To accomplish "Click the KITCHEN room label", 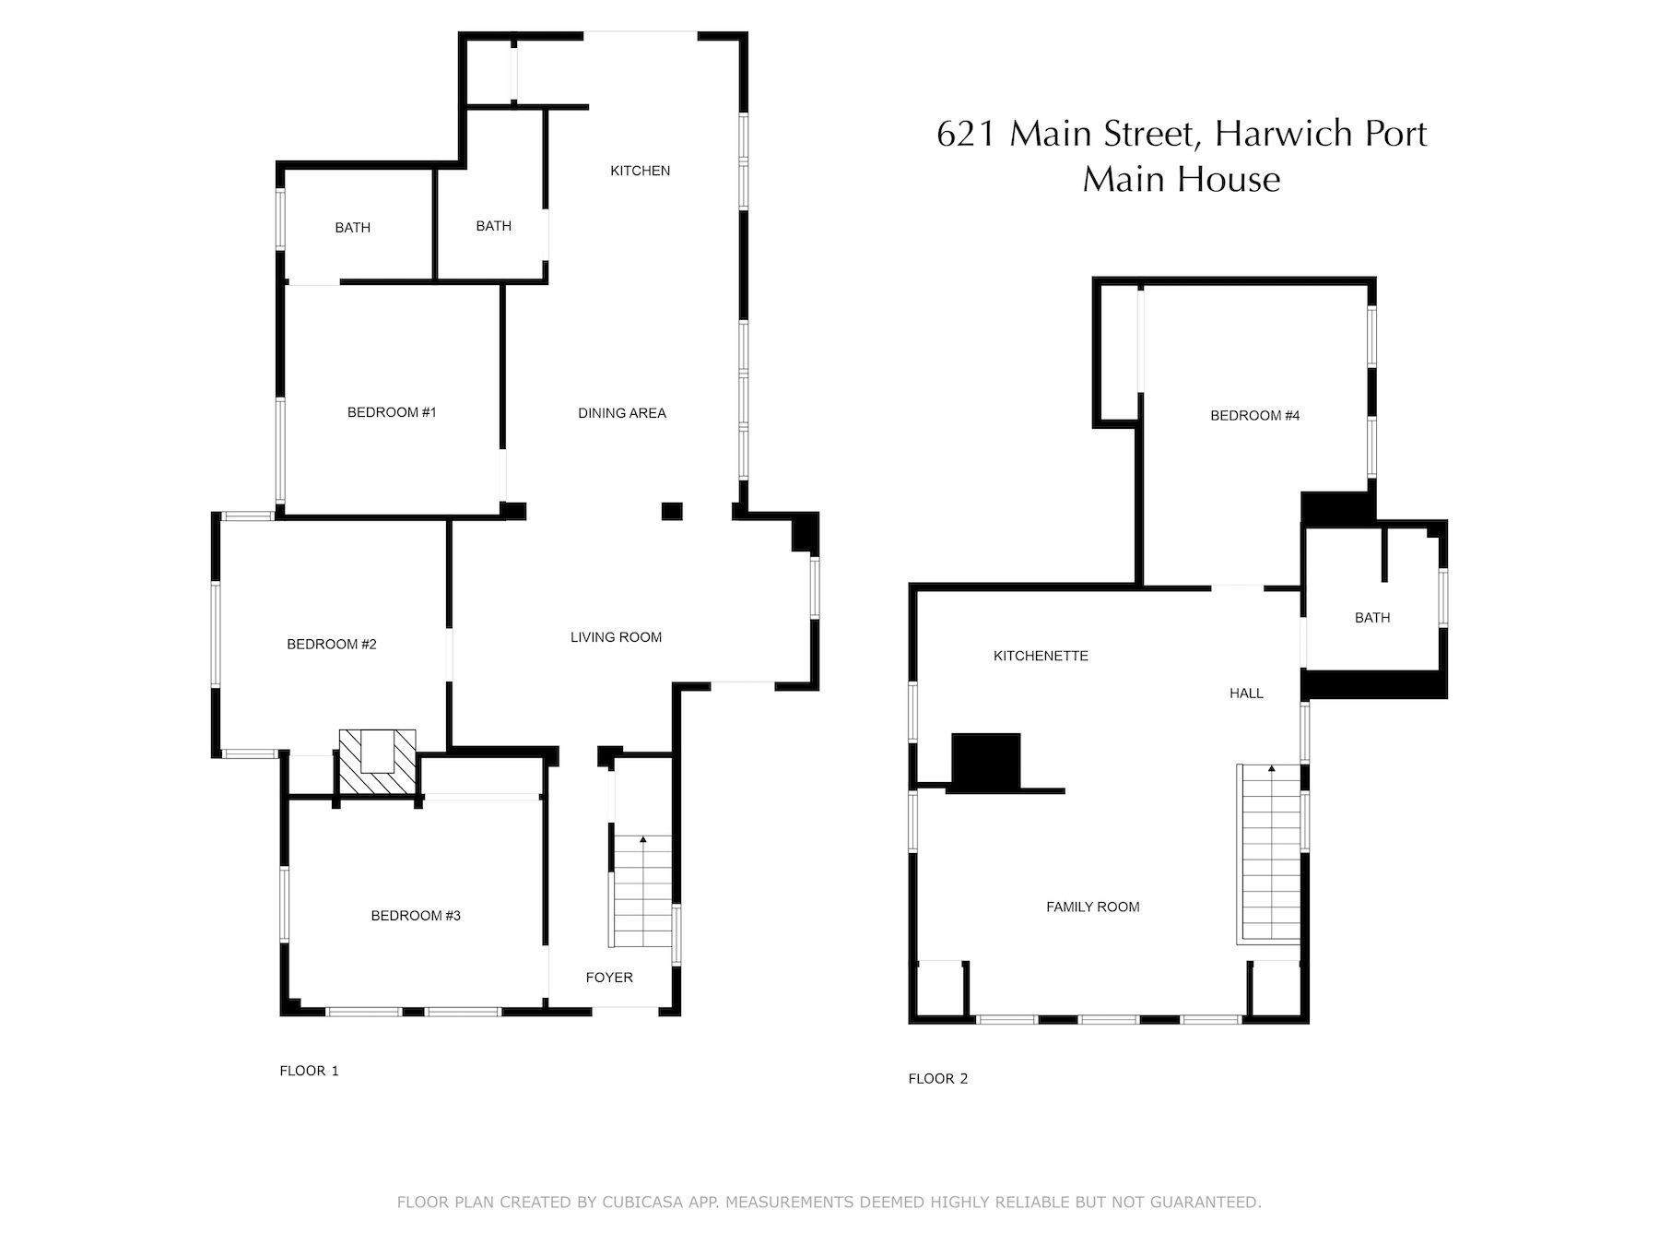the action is click(640, 171).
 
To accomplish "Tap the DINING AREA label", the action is click(622, 413).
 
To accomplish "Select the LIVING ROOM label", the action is click(616, 637).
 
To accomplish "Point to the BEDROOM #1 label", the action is click(392, 412).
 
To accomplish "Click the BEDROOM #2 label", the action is click(332, 644).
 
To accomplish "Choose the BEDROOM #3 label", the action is click(416, 916).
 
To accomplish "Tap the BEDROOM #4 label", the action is click(1255, 416).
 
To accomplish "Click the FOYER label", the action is click(609, 978).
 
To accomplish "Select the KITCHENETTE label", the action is click(1041, 656).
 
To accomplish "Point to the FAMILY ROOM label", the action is click(1093, 907).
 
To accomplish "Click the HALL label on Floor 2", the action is click(1246, 694).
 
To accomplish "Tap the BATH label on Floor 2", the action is click(1372, 618).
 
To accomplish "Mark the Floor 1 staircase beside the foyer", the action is click(641, 891).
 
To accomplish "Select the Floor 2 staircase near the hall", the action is click(1269, 854).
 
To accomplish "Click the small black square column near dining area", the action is click(672, 511).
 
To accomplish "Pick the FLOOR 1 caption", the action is click(310, 1071).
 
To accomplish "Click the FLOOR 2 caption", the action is click(938, 1078).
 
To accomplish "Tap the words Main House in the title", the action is click(1182, 179).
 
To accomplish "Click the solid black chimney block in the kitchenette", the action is click(986, 762).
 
